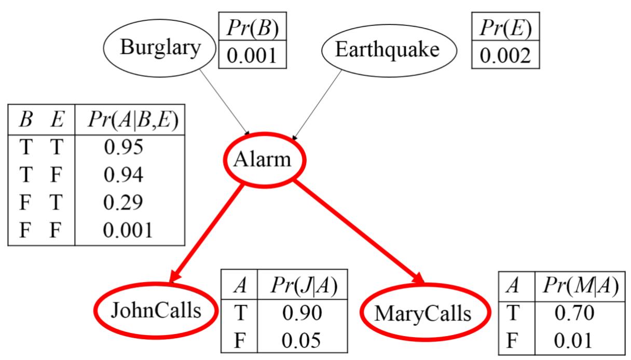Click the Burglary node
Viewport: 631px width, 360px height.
point(159,49)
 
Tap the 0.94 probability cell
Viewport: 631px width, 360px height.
point(124,175)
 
